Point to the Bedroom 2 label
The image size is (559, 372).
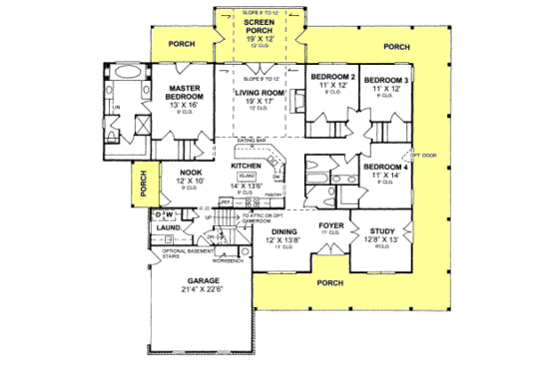coord(332,78)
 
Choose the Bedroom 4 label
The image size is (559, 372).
coord(385,167)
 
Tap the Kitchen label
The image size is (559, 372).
coord(246,166)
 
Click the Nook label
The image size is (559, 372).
coord(190,173)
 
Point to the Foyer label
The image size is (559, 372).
coord(330,225)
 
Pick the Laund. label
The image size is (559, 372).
coord(168,227)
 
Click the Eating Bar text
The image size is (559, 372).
coord(252,142)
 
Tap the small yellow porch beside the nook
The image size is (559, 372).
coord(143,182)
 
